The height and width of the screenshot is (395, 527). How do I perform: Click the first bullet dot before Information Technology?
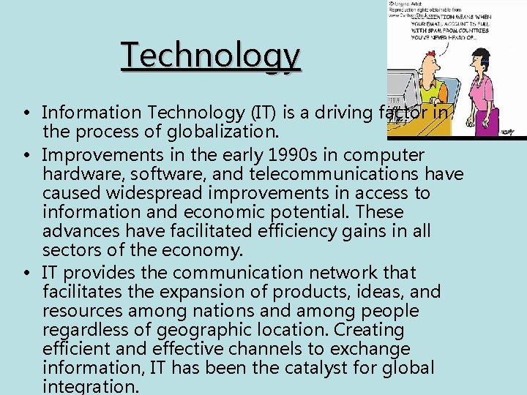tap(25, 113)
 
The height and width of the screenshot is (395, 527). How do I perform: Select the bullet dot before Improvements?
tap(25, 156)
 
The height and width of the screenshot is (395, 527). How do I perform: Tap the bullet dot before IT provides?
tap(25, 273)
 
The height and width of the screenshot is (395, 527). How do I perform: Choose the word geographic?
tap(250, 330)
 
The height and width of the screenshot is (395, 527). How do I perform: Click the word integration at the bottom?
tap(92, 386)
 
